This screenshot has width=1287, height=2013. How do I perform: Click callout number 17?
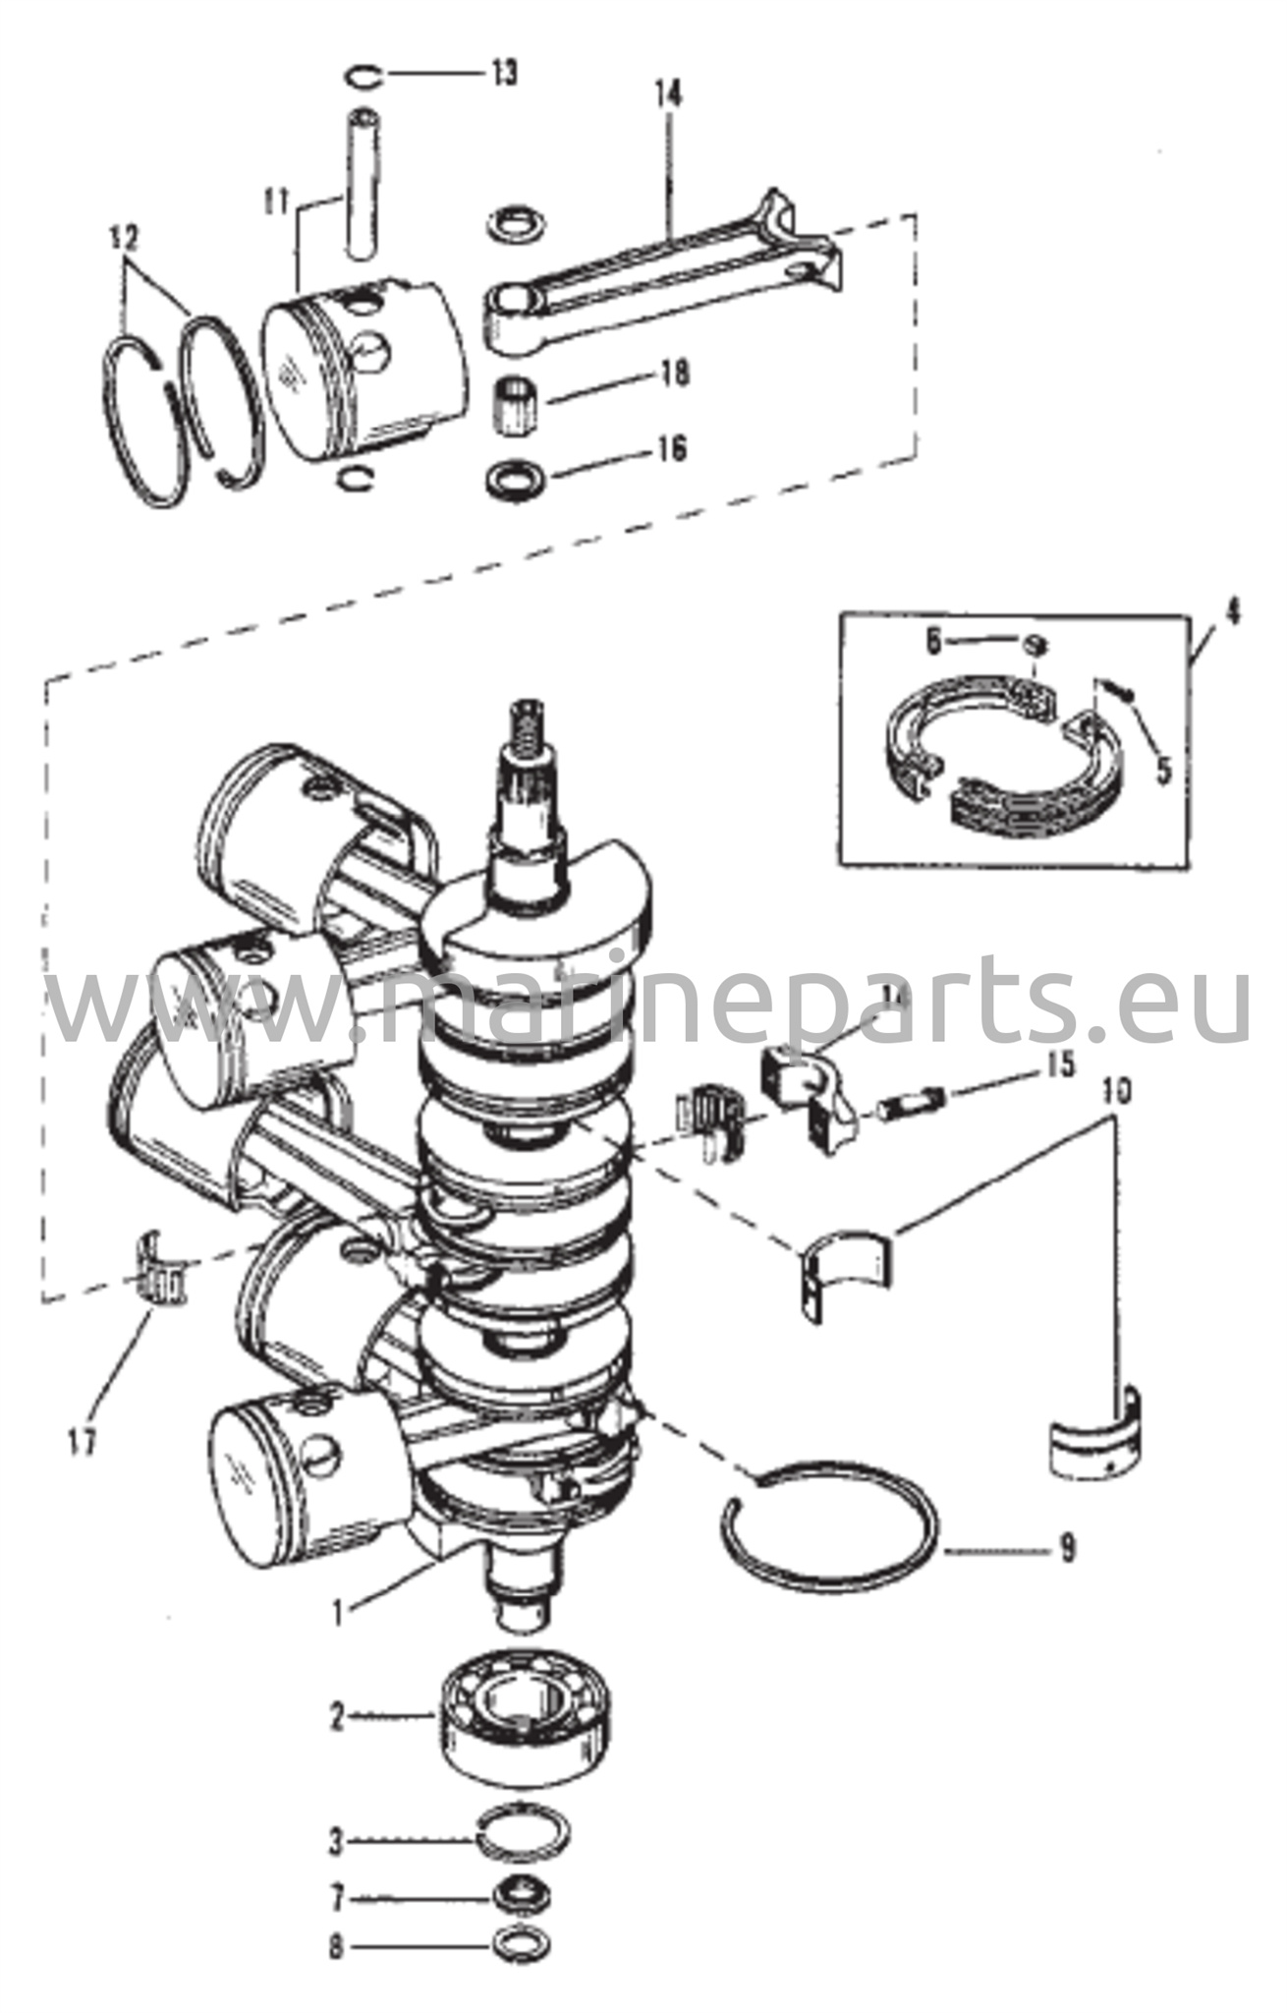(x=83, y=1442)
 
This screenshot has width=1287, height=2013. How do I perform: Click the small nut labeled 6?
(x=1034, y=645)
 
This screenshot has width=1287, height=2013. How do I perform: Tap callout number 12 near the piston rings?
(x=125, y=239)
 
